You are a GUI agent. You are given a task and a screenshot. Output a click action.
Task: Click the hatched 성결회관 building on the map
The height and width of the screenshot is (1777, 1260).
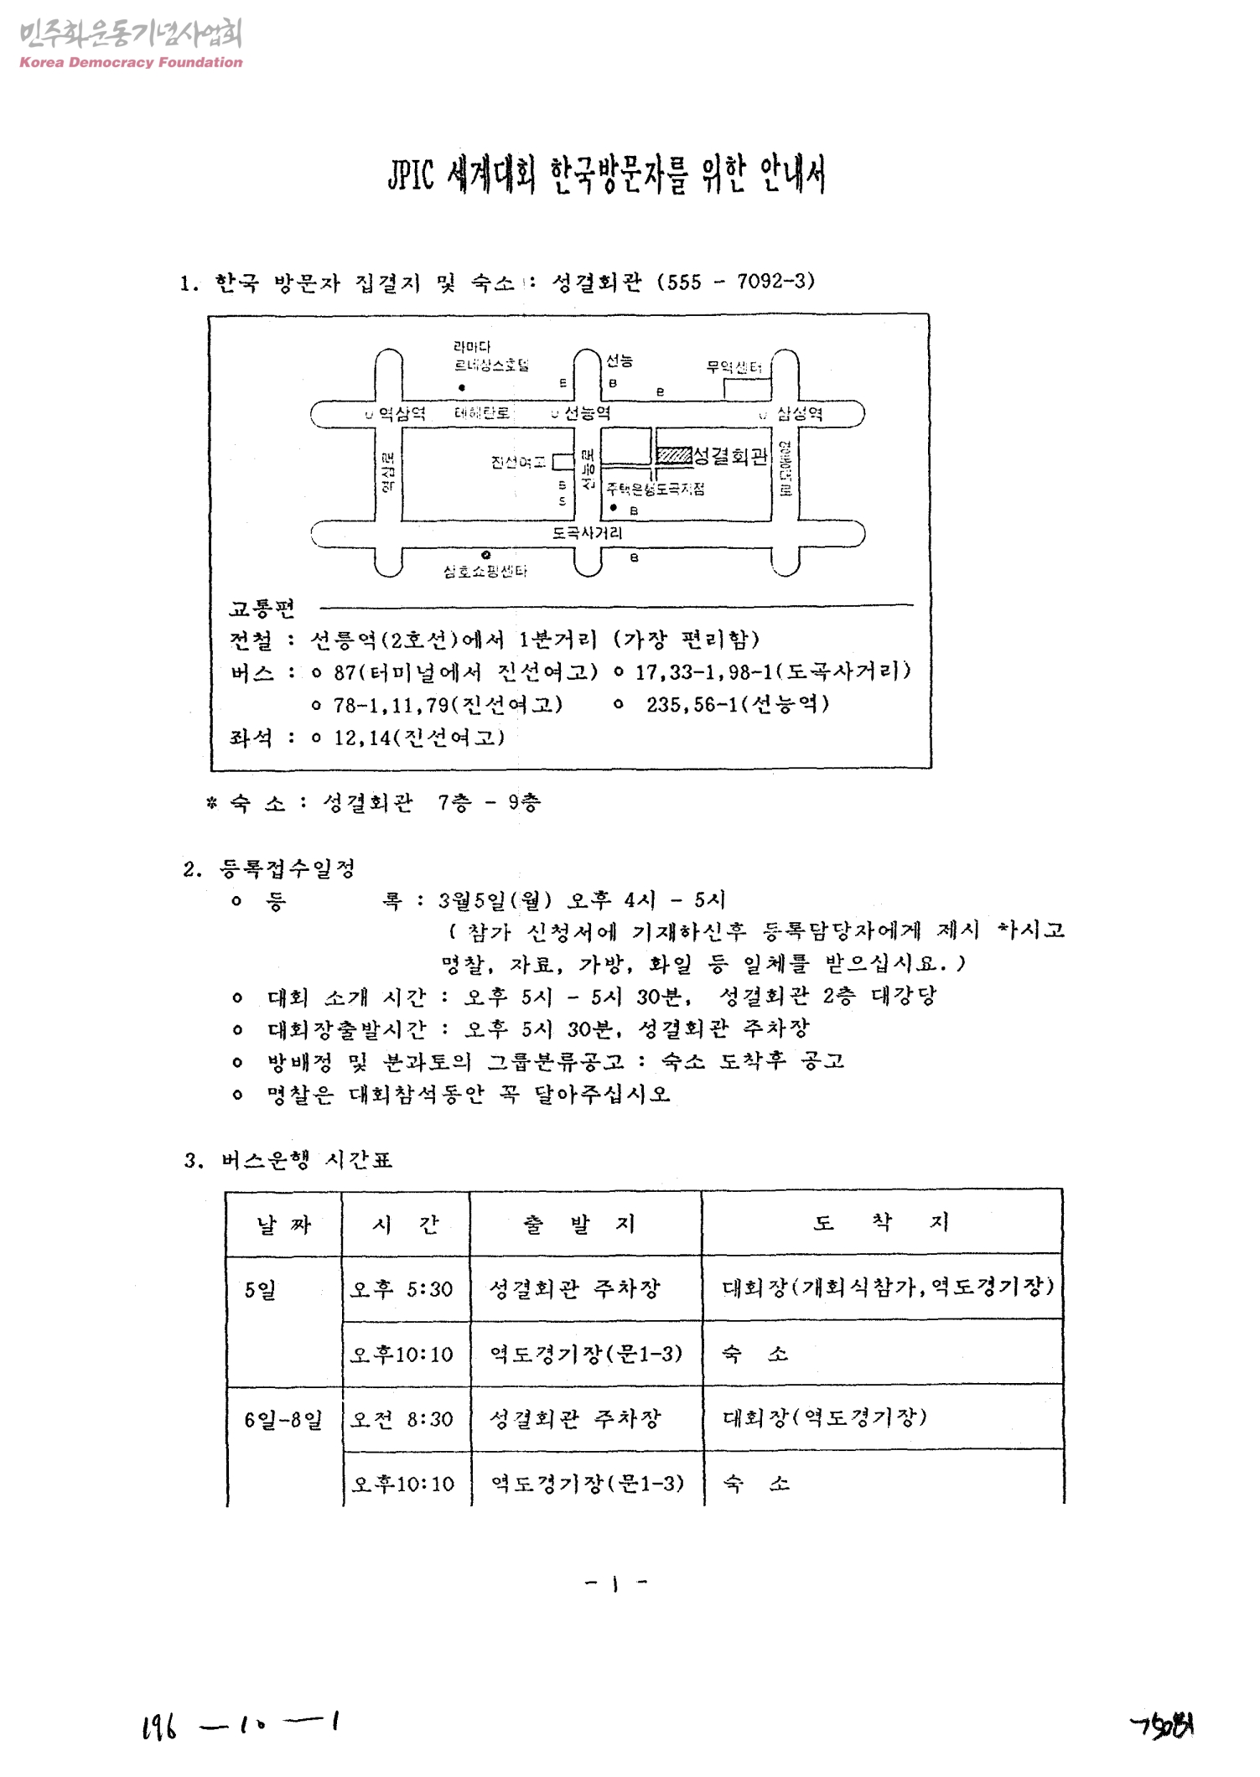673,455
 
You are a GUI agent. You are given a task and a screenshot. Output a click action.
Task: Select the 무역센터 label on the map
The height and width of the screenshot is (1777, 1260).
734,367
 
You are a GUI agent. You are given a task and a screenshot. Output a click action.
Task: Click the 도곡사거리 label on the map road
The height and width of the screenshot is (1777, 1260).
587,532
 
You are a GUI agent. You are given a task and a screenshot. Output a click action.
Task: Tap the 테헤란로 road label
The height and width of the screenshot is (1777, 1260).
482,413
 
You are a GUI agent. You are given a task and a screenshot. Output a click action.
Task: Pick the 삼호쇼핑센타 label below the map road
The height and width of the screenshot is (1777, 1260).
485,572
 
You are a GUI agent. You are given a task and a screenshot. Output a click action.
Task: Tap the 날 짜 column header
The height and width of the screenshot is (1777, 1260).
283,1225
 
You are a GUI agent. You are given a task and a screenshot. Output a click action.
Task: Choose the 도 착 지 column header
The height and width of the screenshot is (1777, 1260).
881,1223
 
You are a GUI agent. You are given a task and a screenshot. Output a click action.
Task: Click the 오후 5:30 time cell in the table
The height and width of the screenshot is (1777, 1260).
402,1288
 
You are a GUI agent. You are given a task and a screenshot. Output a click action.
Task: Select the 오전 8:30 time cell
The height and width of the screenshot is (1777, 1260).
402,1419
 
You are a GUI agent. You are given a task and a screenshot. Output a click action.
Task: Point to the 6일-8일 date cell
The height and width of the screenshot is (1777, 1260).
283,1420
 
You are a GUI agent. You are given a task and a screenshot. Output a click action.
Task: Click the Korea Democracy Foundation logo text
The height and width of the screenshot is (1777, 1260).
131,62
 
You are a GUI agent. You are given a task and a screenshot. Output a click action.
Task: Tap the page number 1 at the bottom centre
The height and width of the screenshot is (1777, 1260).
614,1583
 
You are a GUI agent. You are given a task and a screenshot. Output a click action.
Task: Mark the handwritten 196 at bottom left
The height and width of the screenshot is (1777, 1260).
159,1726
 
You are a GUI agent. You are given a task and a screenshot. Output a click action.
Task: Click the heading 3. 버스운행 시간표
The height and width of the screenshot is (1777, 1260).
288,1160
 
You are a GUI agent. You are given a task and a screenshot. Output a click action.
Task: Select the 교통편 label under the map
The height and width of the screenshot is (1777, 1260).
262,609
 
